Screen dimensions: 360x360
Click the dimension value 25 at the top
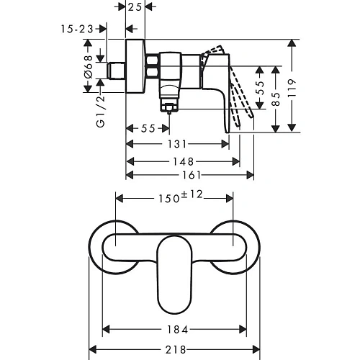[x=135, y=7]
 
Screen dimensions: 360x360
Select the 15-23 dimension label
[x=77, y=29]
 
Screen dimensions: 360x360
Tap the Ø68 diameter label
[x=88, y=67]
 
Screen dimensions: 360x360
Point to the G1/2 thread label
[x=101, y=111]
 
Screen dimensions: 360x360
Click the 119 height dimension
[x=292, y=88]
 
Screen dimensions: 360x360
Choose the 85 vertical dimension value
[x=276, y=99]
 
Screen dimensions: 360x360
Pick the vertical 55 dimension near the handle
[x=260, y=87]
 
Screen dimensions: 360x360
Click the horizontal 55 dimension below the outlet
[x=148, y=128]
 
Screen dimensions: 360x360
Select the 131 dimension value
[x=177, y=144]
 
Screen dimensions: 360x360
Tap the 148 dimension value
[x=184, y=161]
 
